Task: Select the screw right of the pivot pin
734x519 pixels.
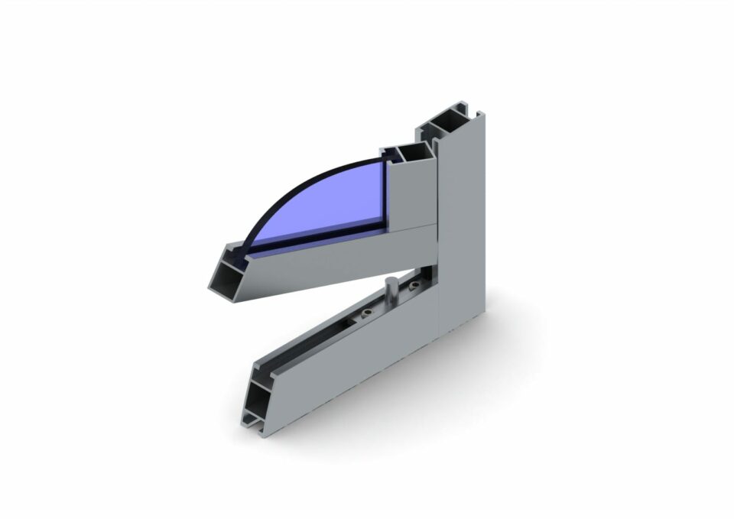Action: tap(414, 287)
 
